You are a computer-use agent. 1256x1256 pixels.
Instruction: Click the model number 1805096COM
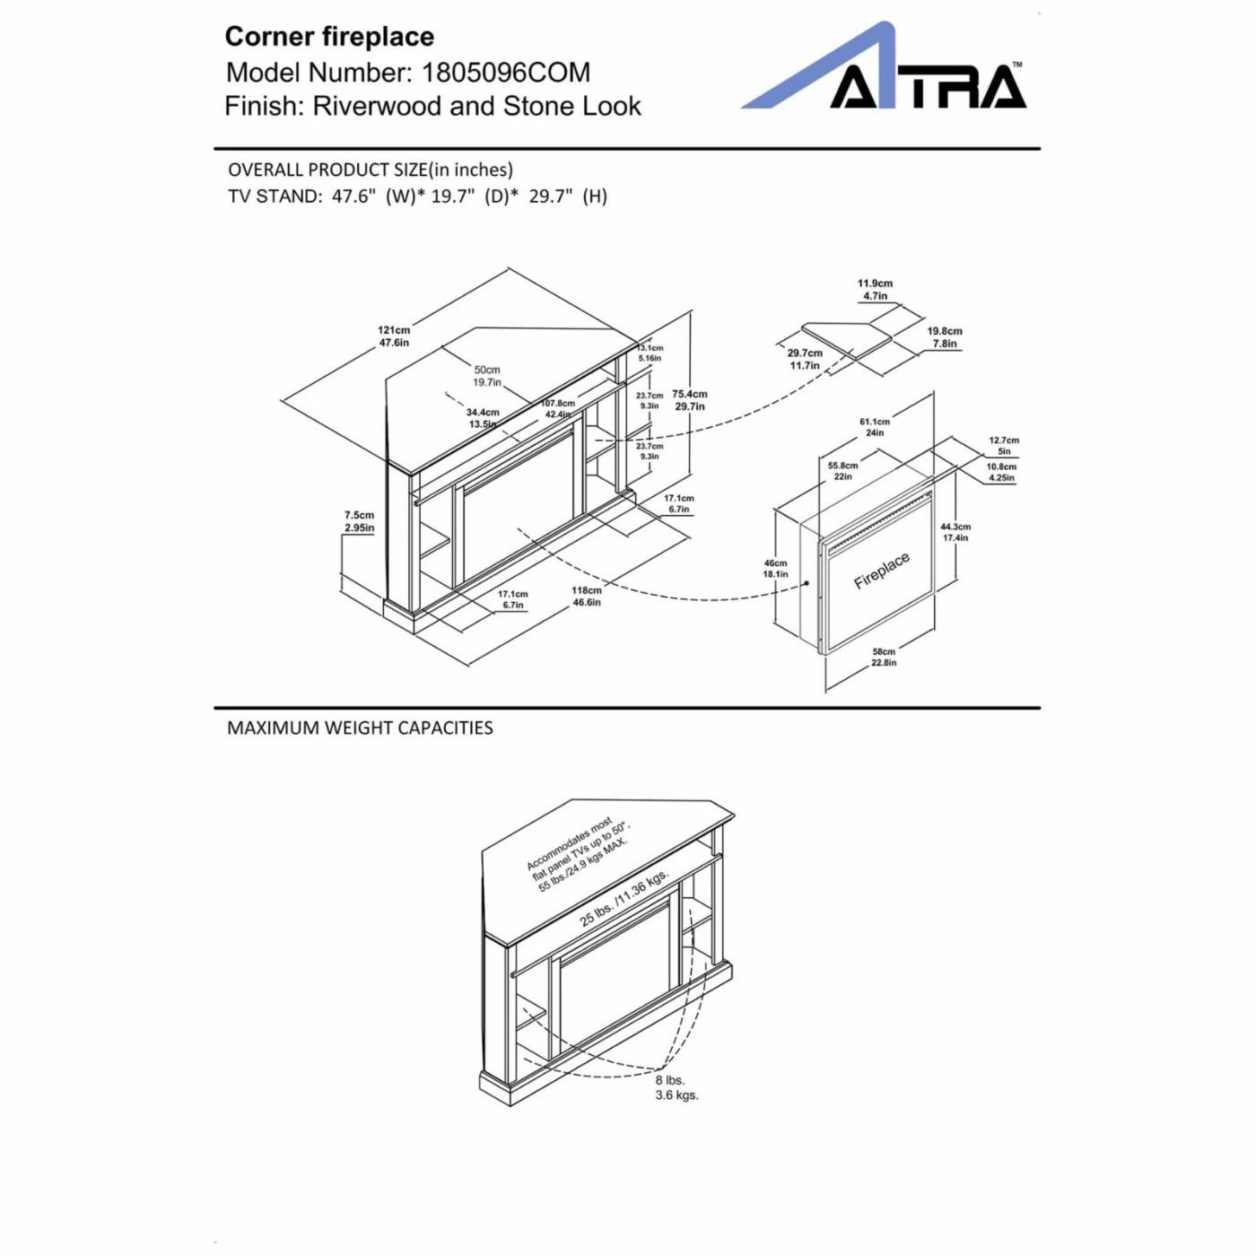[x=506, y=72]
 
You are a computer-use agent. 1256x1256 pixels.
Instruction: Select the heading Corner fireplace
[x=329, y=37]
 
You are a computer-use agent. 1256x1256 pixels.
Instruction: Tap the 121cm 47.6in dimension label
[x=393, y=336]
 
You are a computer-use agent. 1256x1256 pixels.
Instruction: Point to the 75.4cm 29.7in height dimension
[x=689, y=400]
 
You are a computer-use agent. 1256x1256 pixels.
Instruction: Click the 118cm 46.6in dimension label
[x=587, y=597]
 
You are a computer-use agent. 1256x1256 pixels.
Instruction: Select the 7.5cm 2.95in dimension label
[x=359, y=521]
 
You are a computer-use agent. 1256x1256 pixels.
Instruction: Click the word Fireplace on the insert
[x=881, y=571]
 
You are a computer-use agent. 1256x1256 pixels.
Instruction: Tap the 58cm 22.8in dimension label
[x=884, y=658]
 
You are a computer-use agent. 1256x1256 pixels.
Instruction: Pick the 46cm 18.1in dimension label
[x=775, y=569]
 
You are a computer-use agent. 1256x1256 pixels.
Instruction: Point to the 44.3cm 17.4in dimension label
[x=955, y=532]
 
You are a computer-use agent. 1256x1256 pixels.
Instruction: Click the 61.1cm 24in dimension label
[x=875, y=427]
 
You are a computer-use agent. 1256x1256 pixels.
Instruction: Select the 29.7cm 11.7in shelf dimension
[x=805, y=359]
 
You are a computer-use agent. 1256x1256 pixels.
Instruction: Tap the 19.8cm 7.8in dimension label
[x=945, y=337]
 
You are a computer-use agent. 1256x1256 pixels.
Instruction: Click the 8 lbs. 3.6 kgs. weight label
[x=676, y=1087]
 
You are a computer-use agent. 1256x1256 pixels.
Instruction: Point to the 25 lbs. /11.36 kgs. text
[x=624, y=897]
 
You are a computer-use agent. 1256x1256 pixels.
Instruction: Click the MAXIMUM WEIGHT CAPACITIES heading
[x=360, y=728]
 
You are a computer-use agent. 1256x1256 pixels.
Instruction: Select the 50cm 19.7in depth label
[x=487, y=376]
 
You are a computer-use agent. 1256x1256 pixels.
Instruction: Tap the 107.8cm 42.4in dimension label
[x=557, y=409]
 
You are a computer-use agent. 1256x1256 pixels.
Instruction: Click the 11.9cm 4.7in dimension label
[x=875, y=289]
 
